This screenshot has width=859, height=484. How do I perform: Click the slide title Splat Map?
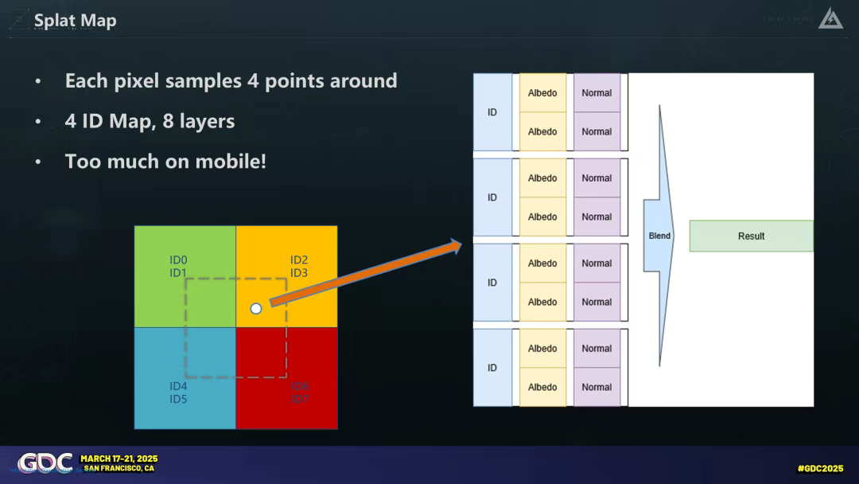76,20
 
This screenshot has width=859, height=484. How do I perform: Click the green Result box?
751,236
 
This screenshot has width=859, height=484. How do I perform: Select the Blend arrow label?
659,236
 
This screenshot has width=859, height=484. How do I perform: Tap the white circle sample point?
255,308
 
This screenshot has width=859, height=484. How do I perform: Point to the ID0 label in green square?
178,260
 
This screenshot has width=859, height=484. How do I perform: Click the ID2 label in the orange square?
299,260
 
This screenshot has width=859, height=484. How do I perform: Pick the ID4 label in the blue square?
178,386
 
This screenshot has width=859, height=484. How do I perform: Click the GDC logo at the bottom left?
45,463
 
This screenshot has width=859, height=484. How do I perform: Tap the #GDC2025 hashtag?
820,468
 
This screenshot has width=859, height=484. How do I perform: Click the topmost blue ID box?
492,112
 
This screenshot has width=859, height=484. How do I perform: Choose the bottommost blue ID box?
492,367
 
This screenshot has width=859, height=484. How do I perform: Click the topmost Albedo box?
542,93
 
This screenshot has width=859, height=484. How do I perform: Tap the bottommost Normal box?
597,387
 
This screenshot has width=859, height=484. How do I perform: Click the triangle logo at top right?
830,18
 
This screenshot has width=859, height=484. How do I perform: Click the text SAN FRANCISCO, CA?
119,468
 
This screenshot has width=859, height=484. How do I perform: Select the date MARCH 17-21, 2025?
119,459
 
